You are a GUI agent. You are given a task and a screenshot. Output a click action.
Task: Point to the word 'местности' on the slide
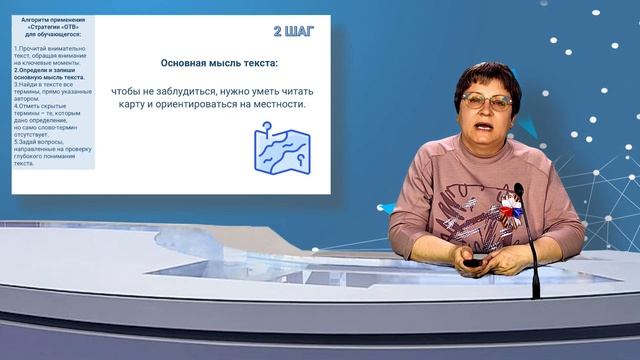[x=275, y=103]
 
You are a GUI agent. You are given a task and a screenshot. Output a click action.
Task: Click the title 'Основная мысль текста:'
[x=219, y=63]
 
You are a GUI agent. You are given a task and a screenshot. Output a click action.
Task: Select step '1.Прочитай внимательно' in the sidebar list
[x=51, y=49]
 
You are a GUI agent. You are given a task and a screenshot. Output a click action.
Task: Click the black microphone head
[x=519, y=190]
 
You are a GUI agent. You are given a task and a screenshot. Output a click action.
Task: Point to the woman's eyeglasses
[x=487, y=100]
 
